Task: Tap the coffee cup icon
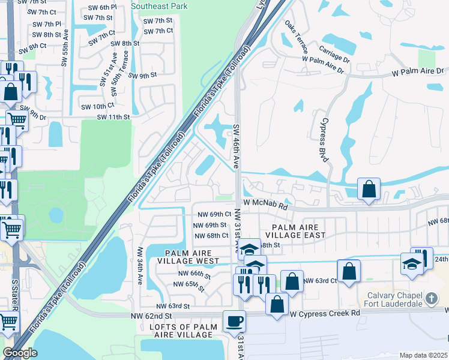coord(234,321)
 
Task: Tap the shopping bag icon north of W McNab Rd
coord(369,189)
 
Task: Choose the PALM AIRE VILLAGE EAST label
coord(298,232)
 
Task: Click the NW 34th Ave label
coord(141,265)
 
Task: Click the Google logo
coord(20,353)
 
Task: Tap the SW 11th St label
coord(113,116)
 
